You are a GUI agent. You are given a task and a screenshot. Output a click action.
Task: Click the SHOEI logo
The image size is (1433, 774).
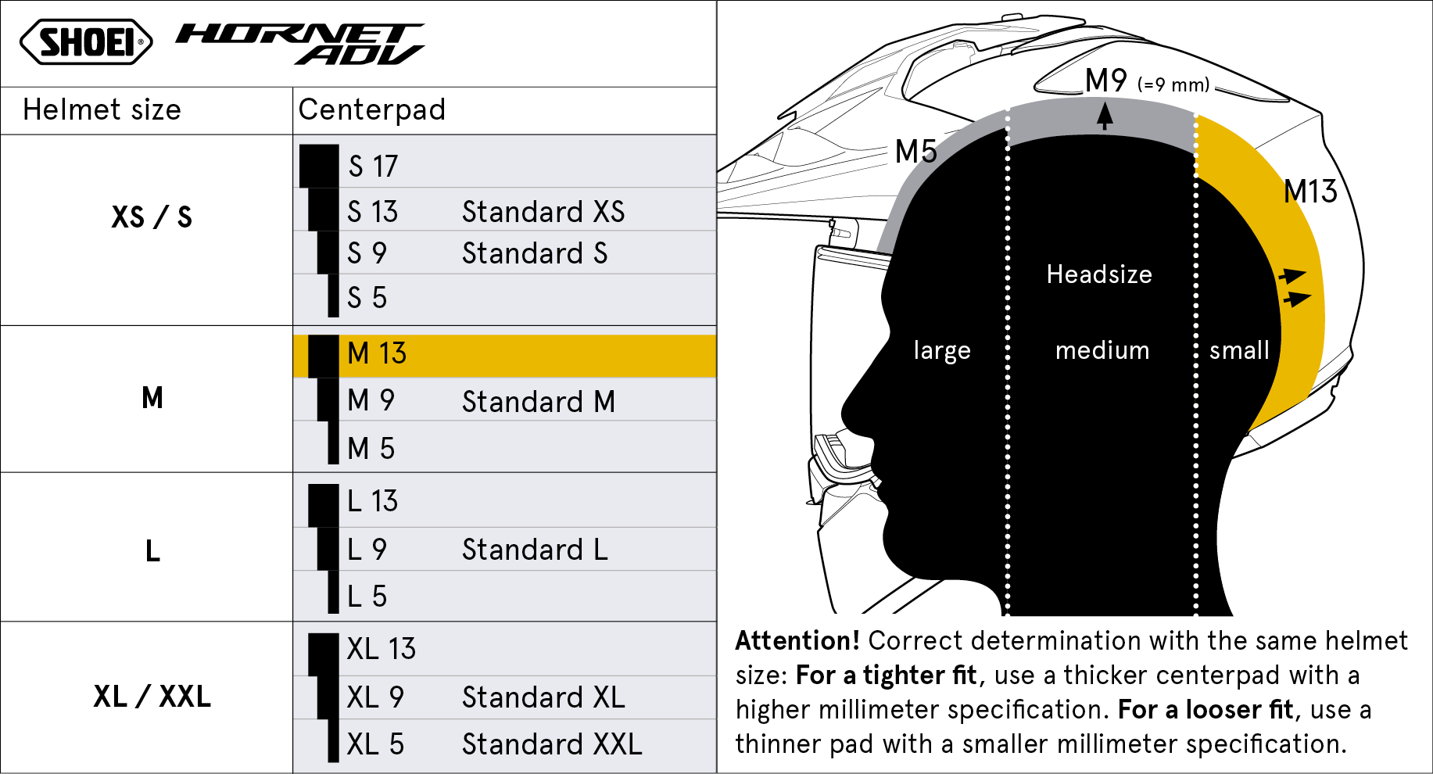tap(86, 41)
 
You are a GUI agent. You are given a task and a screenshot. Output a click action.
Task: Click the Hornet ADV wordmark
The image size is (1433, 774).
tap(300, 43)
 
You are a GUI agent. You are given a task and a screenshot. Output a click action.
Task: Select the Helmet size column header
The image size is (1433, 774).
tap(102, 110)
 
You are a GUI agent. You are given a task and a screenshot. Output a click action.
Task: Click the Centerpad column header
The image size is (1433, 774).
tap(372, 110)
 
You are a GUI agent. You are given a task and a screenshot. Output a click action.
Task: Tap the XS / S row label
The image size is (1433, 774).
tap(152, 217)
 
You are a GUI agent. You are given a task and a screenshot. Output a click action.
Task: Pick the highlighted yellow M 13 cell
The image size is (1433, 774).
tap(505, 357)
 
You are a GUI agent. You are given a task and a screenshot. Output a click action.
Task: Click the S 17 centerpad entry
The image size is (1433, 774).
tap(373, 167)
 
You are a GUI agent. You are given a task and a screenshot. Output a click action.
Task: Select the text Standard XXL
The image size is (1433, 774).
tap(552, 744)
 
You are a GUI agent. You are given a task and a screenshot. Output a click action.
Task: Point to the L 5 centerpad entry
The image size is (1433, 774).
tap(367, 597)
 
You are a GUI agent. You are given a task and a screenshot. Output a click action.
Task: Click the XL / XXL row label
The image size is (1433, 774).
tap(152, 696)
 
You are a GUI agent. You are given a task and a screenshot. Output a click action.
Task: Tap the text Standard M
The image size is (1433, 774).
tap(539, 402)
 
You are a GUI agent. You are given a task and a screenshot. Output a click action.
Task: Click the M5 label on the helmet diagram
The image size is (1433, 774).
tap(915, 152)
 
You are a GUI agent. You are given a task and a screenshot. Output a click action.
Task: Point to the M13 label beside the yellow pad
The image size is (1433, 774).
tap(1311, 192)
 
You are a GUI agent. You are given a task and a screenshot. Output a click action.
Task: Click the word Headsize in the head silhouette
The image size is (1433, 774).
tap(1099, 274)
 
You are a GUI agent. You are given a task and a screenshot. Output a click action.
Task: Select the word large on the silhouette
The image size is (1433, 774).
tap(942, 351)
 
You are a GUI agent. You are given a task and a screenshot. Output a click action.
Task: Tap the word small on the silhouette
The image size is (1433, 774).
tap(1239, 350)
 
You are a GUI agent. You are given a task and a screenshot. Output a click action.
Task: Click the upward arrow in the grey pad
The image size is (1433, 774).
tap(1104, 116)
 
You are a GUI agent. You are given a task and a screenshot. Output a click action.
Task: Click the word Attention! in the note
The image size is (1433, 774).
tap(797, 641)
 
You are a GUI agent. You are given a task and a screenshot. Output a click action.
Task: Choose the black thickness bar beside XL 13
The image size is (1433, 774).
tap(324, 654)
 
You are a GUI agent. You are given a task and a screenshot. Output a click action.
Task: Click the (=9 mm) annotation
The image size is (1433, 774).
tap(1173, 84)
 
